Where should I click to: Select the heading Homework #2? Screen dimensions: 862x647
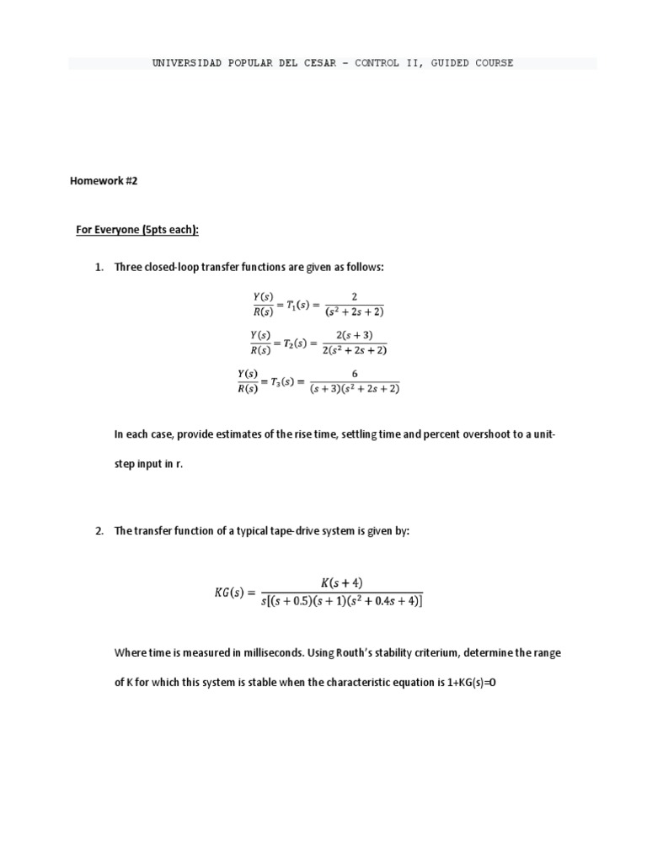coord(103,181)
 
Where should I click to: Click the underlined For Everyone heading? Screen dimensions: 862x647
coord(137,230)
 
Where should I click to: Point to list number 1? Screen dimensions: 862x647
coord(99,267)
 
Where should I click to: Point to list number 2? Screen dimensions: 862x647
coord(99,531)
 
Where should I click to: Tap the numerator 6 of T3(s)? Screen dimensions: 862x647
coord(355,374)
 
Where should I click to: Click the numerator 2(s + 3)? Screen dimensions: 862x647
coord(355,335)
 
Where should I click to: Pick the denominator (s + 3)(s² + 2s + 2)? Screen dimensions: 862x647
coord(355,389)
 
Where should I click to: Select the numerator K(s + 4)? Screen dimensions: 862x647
coord(341,583)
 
